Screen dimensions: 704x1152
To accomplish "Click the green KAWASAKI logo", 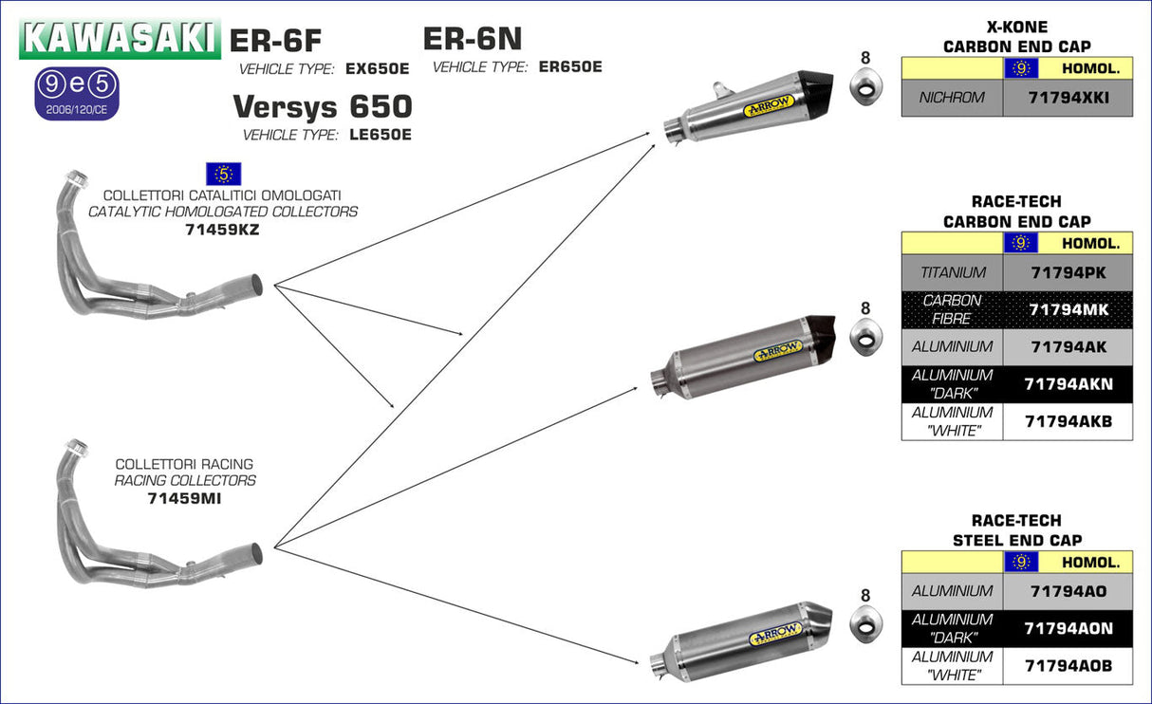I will coord(119,39).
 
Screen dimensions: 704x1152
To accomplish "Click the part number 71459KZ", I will coord(222,230).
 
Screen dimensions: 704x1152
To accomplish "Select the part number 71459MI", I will coord(184,498).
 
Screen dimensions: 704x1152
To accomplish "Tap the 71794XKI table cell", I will coord(1068,98).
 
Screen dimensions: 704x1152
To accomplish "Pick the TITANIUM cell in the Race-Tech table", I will coord(953,273).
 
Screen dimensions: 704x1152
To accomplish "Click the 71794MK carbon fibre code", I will coord(1068,309).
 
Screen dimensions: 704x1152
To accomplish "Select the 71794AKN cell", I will coord(1068,384).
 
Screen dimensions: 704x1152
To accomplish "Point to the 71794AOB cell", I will coord(1068,666).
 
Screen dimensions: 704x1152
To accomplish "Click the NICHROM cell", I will coord(952,98).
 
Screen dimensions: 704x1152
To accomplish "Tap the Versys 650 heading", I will coord(323,105).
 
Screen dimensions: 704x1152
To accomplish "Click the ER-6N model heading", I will coord(473,39).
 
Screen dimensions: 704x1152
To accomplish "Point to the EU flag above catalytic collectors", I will coord(223,174).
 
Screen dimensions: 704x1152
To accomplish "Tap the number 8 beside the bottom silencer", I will coord(864,596).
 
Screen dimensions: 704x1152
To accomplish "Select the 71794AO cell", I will coord(1068,591).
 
